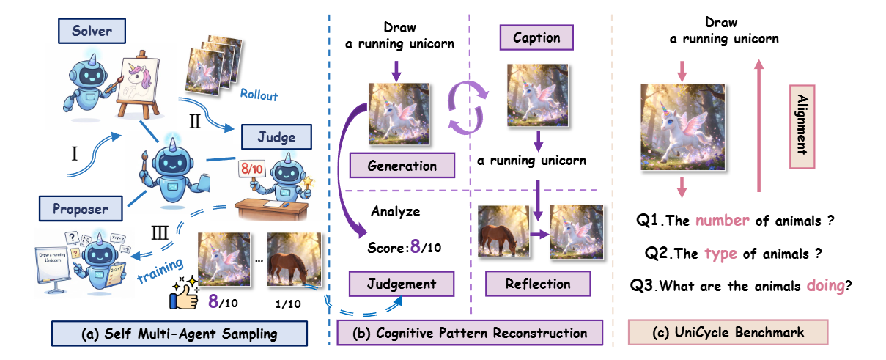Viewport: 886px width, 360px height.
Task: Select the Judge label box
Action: click(x=277, y=136)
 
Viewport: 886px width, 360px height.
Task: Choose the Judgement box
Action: click(x=402, y=283)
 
